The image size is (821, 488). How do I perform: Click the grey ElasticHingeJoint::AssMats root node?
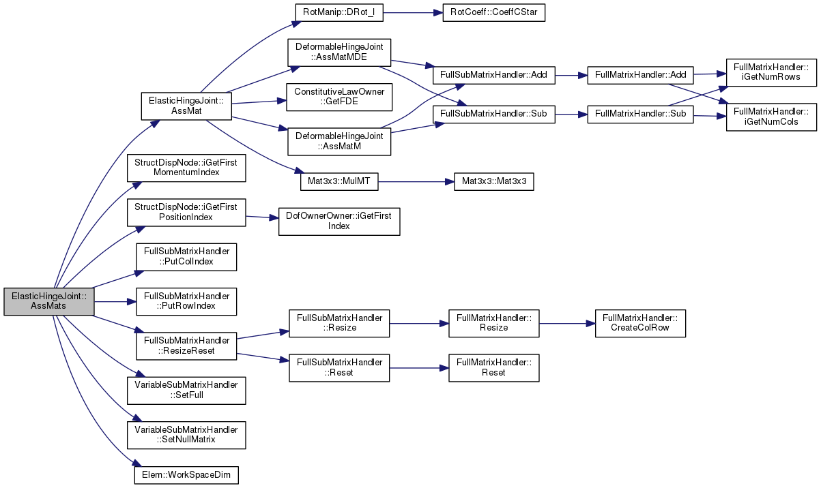(49, 302)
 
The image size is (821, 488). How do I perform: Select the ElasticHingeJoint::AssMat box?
(186, 106)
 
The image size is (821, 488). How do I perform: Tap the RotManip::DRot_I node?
(339, 12)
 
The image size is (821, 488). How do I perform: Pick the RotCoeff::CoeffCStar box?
(493, 12)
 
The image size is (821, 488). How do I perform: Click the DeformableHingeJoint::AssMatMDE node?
(339, 52)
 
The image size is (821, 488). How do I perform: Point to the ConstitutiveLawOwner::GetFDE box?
(339, 97)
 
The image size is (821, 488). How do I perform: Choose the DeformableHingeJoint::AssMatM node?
(339, 142)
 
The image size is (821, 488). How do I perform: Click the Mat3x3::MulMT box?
(339, 181)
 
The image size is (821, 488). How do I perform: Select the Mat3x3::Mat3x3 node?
(493, 181)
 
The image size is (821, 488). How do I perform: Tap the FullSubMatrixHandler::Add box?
(493, 75)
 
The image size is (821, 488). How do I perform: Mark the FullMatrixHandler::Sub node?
(640, 115)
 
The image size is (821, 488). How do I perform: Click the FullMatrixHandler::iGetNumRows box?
(771, 72)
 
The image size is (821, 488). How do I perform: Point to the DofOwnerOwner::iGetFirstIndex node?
(339, 222)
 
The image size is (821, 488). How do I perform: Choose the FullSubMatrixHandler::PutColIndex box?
(186, 257)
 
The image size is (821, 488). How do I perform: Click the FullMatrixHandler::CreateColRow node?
(640, 324)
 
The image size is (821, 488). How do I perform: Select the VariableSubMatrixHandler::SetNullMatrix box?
(186, 435)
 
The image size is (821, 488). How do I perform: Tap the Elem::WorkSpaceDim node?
(186, 475)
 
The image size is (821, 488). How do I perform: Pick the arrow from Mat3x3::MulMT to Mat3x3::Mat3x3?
(416, 181)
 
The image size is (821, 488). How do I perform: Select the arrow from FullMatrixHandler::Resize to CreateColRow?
(567, 324)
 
